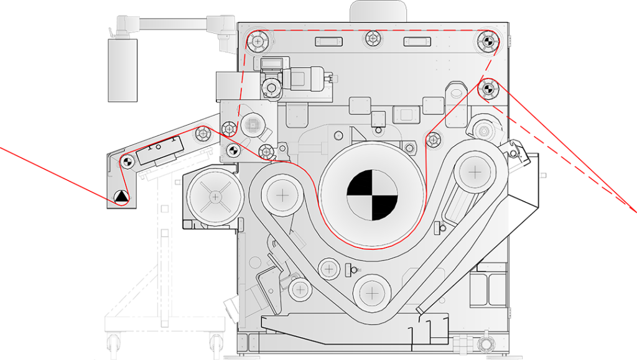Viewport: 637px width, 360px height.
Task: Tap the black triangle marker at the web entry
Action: point(121,198)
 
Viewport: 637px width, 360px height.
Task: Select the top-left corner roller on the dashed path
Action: point(257,42)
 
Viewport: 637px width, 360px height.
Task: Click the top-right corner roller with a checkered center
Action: point(487,41)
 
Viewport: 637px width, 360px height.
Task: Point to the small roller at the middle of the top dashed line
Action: point(373,39)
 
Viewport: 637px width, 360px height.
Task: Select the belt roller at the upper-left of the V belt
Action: point(282,195)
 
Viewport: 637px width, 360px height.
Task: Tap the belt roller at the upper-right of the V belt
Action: point(475,170)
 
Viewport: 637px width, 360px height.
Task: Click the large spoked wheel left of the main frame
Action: point(215,197)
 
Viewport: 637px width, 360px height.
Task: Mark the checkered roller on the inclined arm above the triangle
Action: point(127,161)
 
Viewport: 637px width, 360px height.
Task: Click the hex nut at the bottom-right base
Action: point(483,344)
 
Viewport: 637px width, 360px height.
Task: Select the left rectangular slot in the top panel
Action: point(329,42)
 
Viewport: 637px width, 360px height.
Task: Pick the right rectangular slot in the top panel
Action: point(417,42)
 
